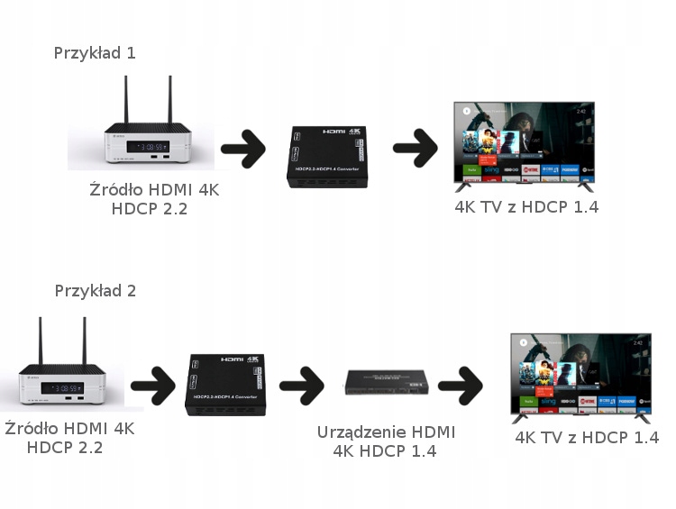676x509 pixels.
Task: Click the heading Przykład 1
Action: click(x=95, y=52)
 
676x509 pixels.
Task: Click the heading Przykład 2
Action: click(x=95, y=291)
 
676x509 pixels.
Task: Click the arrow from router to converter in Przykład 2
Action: click(x=152, y=386)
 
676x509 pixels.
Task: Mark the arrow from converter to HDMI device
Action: click(x=302, y=386)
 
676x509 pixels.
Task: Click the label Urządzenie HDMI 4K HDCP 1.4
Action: click(x=386, y=441)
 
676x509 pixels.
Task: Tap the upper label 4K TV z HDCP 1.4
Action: click(x=526, y=207)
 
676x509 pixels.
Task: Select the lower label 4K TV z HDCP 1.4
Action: click(x=586, y=438)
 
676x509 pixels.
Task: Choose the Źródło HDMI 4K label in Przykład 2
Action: click(x=69, y=438)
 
